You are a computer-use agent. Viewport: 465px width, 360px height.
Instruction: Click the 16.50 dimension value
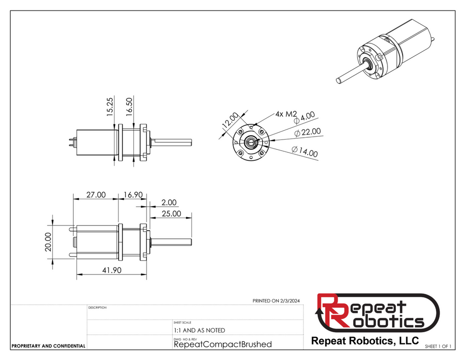[x=129, y=108]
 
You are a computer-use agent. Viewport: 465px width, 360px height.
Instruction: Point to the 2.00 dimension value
[x=169, y=203]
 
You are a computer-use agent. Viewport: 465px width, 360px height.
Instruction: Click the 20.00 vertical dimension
[x=47, y=242]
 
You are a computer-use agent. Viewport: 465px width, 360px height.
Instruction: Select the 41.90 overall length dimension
[x=111, y=270]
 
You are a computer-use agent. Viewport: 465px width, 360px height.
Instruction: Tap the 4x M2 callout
[x=286, y=114]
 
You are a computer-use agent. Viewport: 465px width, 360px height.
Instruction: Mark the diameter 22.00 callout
[x=309, y=133]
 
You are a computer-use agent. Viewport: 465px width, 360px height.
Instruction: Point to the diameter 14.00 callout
[x=304, y=152]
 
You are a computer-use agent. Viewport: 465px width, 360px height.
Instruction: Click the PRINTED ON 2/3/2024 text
[x=276, y=301]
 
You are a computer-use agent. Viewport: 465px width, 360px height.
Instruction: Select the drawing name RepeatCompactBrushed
[x=223, y=344]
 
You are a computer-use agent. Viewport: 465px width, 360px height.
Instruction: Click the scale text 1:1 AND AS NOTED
[x=199, y=330]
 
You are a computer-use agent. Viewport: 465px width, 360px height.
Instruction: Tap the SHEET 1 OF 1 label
[x=438, y=346]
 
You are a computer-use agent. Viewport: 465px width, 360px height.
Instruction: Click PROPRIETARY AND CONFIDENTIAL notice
[x=48, y=346]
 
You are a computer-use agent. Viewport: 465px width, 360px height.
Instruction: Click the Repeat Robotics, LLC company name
[x=364, y=340]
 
